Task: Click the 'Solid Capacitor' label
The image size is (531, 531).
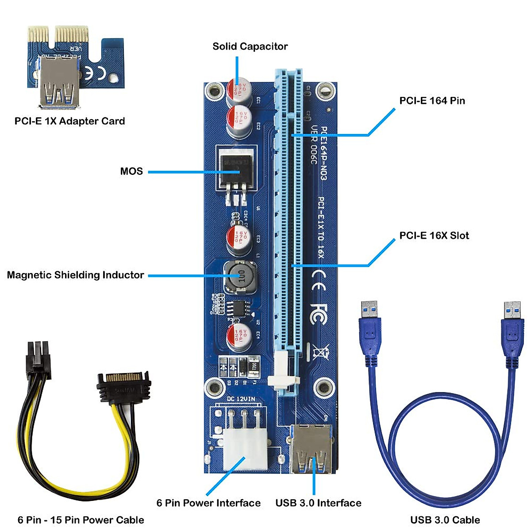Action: tap(250, 46)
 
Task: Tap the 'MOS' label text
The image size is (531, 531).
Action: tap(131, 171)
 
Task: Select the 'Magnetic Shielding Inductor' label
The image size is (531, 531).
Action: tap(76, 275)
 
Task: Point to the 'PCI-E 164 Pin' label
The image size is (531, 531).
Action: tap(432, 100)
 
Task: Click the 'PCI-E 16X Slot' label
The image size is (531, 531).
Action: tap(434, 235)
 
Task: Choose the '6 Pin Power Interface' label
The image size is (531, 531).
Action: tap(208, 503)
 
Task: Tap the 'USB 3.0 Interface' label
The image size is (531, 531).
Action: tap(318, 503)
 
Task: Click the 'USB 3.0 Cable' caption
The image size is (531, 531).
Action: tap(445, 520)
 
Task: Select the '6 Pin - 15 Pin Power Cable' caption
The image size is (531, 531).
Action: tap(81, 520)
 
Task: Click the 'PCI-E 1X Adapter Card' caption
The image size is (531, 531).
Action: tap(69, 121)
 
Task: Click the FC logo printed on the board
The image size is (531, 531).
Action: tap(319, 313)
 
